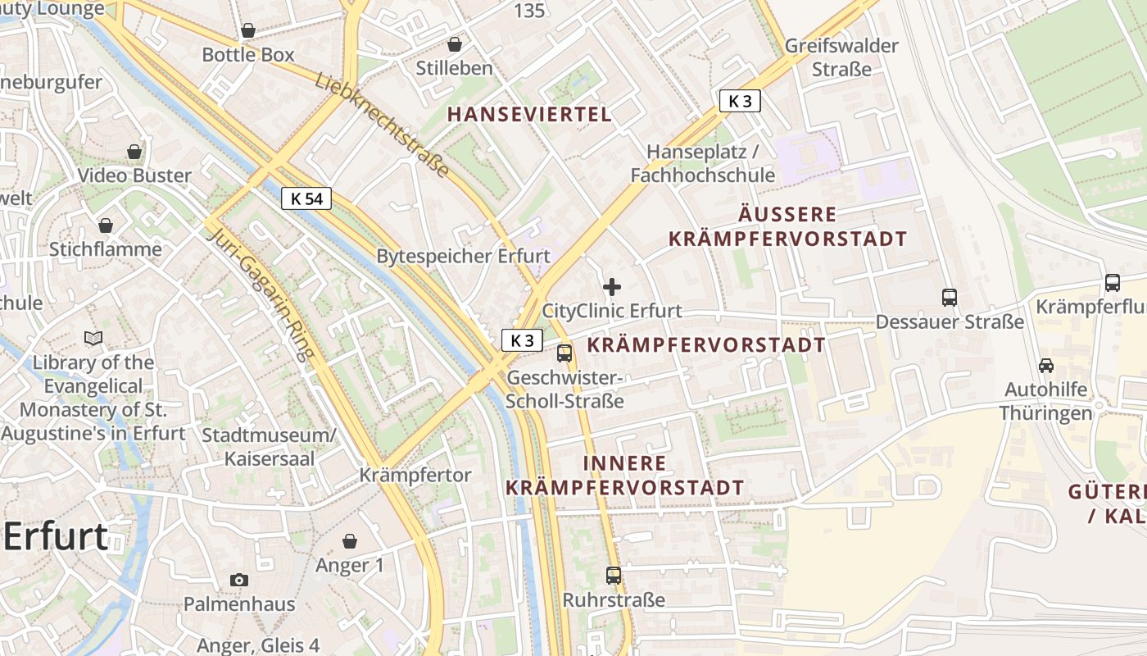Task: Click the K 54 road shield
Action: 306,198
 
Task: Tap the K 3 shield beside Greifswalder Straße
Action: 740,101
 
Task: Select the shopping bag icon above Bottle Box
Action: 248,31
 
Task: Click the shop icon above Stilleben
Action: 454,44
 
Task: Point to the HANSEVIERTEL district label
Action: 530,115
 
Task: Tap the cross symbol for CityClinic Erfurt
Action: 611,287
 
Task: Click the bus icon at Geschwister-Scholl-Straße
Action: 564,353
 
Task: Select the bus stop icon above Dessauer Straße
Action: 950,298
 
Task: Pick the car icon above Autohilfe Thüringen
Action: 1045,366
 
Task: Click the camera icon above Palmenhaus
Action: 238,581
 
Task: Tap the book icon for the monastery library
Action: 94,338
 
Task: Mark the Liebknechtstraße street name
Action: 383,125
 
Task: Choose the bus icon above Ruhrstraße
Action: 614,576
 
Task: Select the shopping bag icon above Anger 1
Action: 350,541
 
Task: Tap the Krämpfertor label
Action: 415,476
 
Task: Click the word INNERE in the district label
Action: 625,463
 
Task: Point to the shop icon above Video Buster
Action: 134,152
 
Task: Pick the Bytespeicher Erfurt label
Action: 463,256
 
